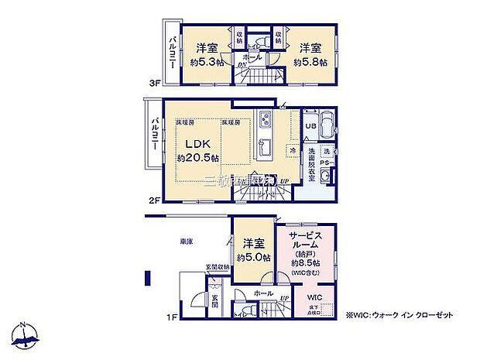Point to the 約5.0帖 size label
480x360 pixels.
click(x=253, y=257)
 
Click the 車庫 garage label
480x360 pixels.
click(x=187, y=242)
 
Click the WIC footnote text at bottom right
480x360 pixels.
click(x=399, y=315)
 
